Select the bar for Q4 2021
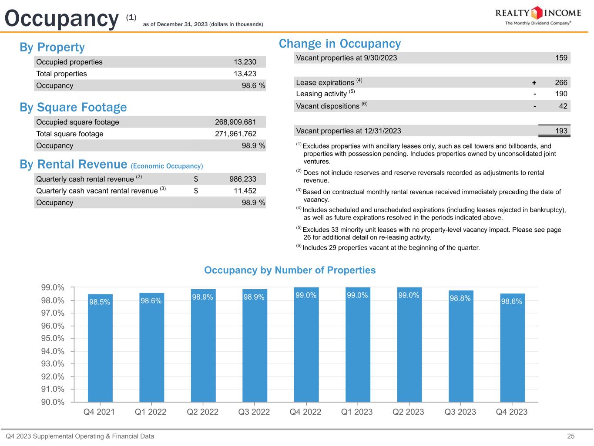pyautogui.click(x=100, y=348)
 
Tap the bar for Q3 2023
pyautogui.click(x=460, y=348)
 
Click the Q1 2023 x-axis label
pyautogui.click(x=357, y=412)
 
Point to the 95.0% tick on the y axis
pyautogui.click(x=53, y=338)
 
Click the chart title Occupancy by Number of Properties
pyautogui.click(x=290, y=270)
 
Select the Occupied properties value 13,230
pyautogui.click(x=245, y=62)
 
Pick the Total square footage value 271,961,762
pyautogui.click(x=235, y=134)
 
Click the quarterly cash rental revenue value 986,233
pyautogui.click(x=243, y=179)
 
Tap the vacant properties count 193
pyautogui.click(x=561, y=131)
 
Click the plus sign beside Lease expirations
pyautogui.click(x=534, y=83)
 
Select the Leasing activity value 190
pyautogui.click(x=561, y=94)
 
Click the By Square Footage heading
pyautogui.click(x=73, y=107)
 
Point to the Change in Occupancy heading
pyautogui.click(x=339, y=44)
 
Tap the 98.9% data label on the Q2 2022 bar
pyautogui.click(x=203, y=297)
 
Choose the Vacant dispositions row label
pyautogui.click(x=328, y=106)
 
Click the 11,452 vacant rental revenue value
pyautogui.click(x=245, y=191)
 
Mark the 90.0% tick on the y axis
pyautogui.click(x=53, y=402)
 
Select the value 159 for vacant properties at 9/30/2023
pyautogui.click(x=561, y=58)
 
